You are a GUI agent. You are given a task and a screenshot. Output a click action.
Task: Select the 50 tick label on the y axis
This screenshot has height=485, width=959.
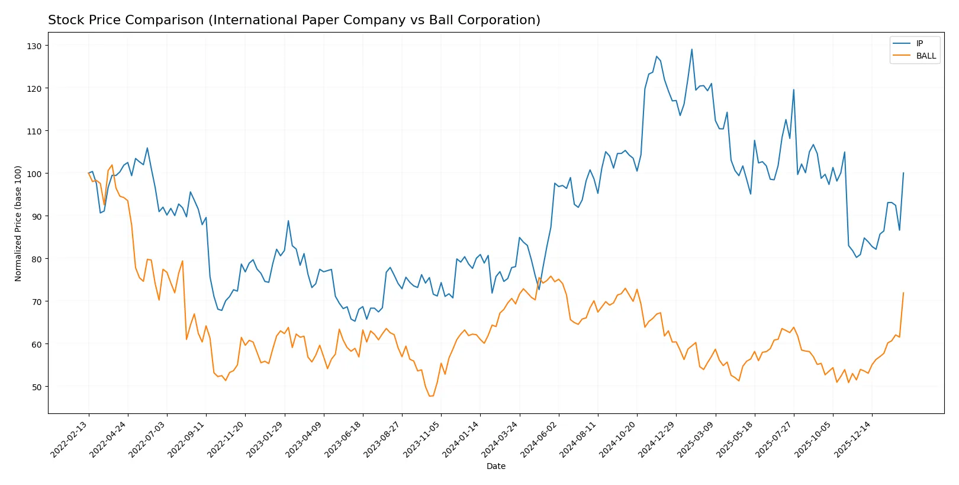point(36,387)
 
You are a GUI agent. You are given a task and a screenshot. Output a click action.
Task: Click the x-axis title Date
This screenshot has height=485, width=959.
point(495,466)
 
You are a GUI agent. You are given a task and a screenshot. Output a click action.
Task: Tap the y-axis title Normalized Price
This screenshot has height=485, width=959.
point(18,223)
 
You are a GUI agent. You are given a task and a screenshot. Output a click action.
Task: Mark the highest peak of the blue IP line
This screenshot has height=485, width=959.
point(691,49)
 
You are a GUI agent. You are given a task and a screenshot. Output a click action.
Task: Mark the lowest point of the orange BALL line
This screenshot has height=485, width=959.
point(431,396)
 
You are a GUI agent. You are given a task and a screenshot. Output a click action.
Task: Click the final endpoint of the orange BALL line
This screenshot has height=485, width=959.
point(903,293)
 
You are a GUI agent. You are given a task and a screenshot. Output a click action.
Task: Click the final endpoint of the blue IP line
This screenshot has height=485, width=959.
point(903,173)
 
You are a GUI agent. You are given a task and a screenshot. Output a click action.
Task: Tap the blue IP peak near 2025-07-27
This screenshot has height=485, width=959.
point(793,89)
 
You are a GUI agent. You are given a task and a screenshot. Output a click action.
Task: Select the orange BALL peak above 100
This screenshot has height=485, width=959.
point(112,165)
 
